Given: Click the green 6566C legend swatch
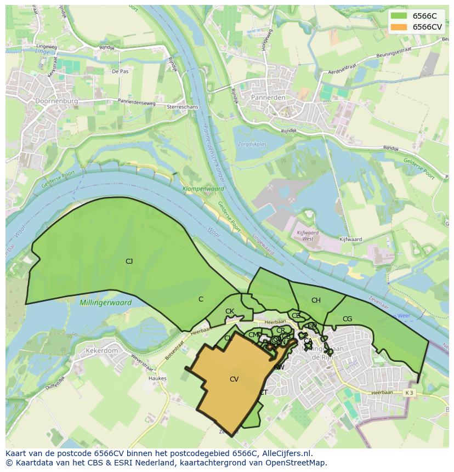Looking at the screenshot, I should (x=399, y=16).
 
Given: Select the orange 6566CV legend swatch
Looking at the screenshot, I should (x=399, y=27).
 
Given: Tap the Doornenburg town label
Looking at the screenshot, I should (x=56, y=101).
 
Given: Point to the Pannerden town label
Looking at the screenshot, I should (x=268, y=97).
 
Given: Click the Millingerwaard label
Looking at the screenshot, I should (x=105, y=303).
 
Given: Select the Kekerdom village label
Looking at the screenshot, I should (x=101, y=350).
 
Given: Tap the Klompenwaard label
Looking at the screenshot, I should (x=203, y=189).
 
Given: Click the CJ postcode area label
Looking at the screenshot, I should (x=129, y=261).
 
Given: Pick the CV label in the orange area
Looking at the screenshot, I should (x=234, y=379).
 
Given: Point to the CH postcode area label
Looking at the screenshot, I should (x=316, y=300).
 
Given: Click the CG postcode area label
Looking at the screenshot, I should (x=347, y=319).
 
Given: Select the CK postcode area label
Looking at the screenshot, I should (x=230, y=311).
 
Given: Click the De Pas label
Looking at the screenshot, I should (x=120, y=71).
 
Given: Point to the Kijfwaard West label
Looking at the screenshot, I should (x=308, y=236).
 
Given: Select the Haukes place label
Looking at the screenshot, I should (x=157, y=378).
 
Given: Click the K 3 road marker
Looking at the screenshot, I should (x=408, y=393).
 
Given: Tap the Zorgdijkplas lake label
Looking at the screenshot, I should (x=252, y=145).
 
